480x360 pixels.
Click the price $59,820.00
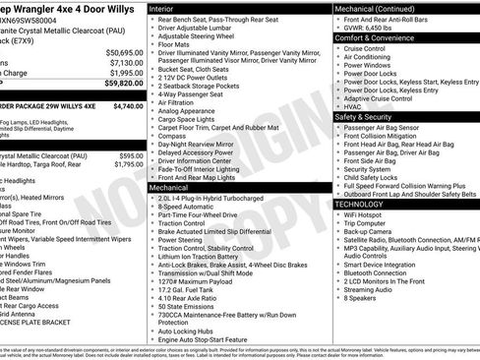coord(123,84)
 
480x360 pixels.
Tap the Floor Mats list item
coord(174,44)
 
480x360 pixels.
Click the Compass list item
coord(172,135)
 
